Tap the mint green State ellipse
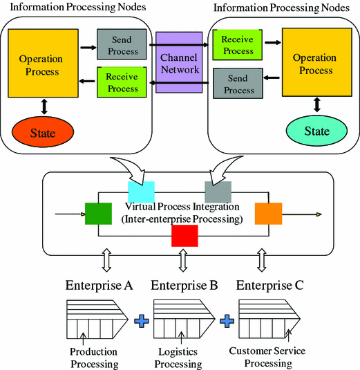pyautogui.click(x=317, y=131)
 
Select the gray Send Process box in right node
pyautogui.click(x=238, y=84)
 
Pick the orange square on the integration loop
pyautogui.click(x=267, y=214)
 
